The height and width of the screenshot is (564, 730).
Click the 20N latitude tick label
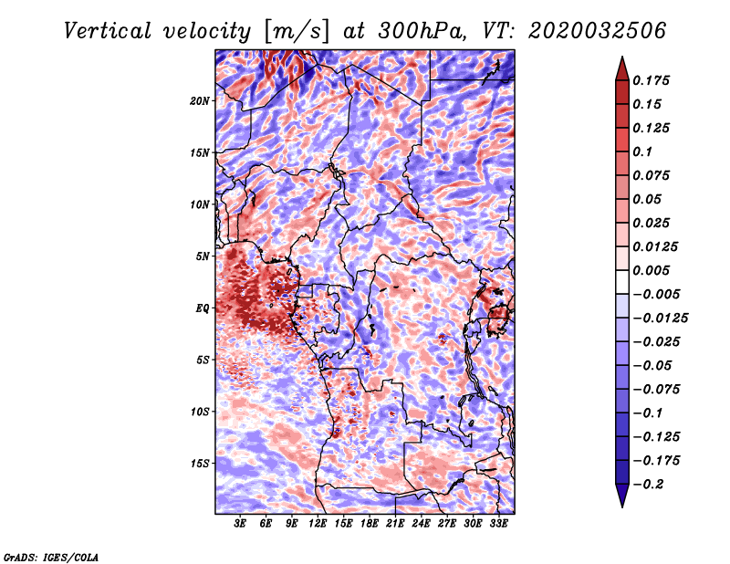pos(200,100)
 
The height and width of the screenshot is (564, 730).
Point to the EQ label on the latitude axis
pos(203,308)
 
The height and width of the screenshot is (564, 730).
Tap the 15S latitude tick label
pos(200,464)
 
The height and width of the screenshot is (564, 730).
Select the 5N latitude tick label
pos(203,256)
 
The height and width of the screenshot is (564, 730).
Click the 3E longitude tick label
pos(241,524)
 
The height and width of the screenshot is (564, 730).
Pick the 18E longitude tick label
pos(370,524)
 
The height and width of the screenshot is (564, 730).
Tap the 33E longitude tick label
pos(498,524)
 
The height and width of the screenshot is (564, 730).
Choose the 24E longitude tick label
pos(422,524)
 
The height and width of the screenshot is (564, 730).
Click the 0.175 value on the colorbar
pos(653,80)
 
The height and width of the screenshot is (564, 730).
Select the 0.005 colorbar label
pos(653,270)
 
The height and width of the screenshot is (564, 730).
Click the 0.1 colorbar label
pos(646,151)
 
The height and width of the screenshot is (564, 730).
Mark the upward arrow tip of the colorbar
pos(621,59)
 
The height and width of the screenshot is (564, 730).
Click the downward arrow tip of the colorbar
pos(621,505)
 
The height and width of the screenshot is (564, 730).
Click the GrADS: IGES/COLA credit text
pos(50,556)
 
